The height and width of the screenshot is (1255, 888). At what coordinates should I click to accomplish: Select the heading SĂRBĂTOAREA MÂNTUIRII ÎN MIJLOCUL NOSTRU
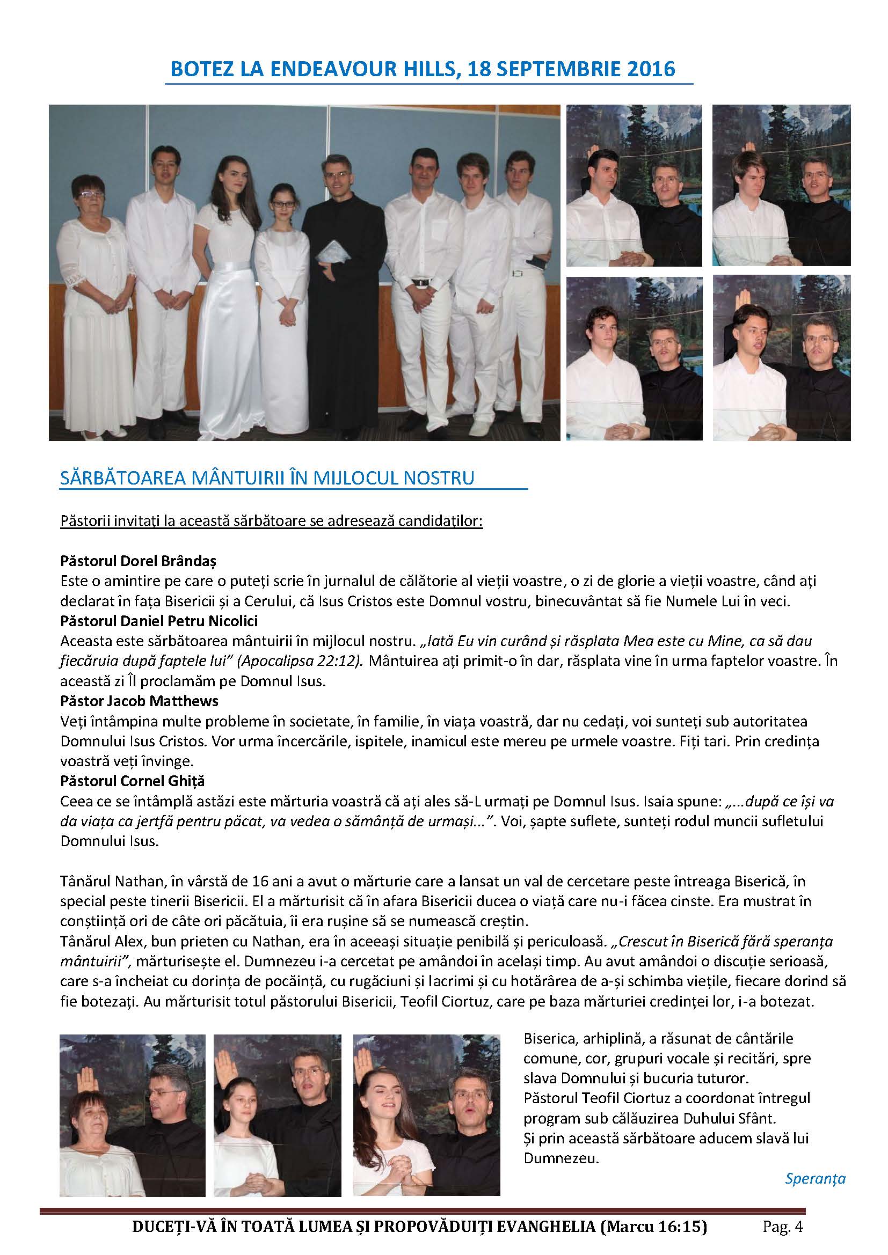point(267,478)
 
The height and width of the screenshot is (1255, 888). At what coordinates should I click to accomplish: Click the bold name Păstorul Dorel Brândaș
point(139,561)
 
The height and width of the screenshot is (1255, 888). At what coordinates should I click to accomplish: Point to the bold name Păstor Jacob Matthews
point(140,700)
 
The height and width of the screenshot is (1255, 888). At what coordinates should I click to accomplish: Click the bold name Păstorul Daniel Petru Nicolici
point(159,621)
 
